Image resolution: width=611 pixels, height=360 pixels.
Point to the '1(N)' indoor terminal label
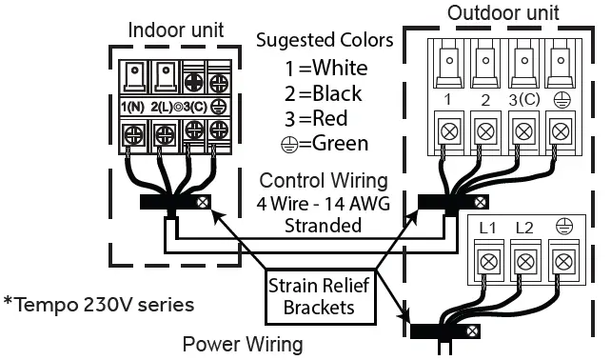coord(131,106)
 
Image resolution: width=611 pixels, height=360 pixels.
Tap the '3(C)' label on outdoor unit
coord(520,100)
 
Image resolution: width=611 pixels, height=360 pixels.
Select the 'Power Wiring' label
coord(242,344)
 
